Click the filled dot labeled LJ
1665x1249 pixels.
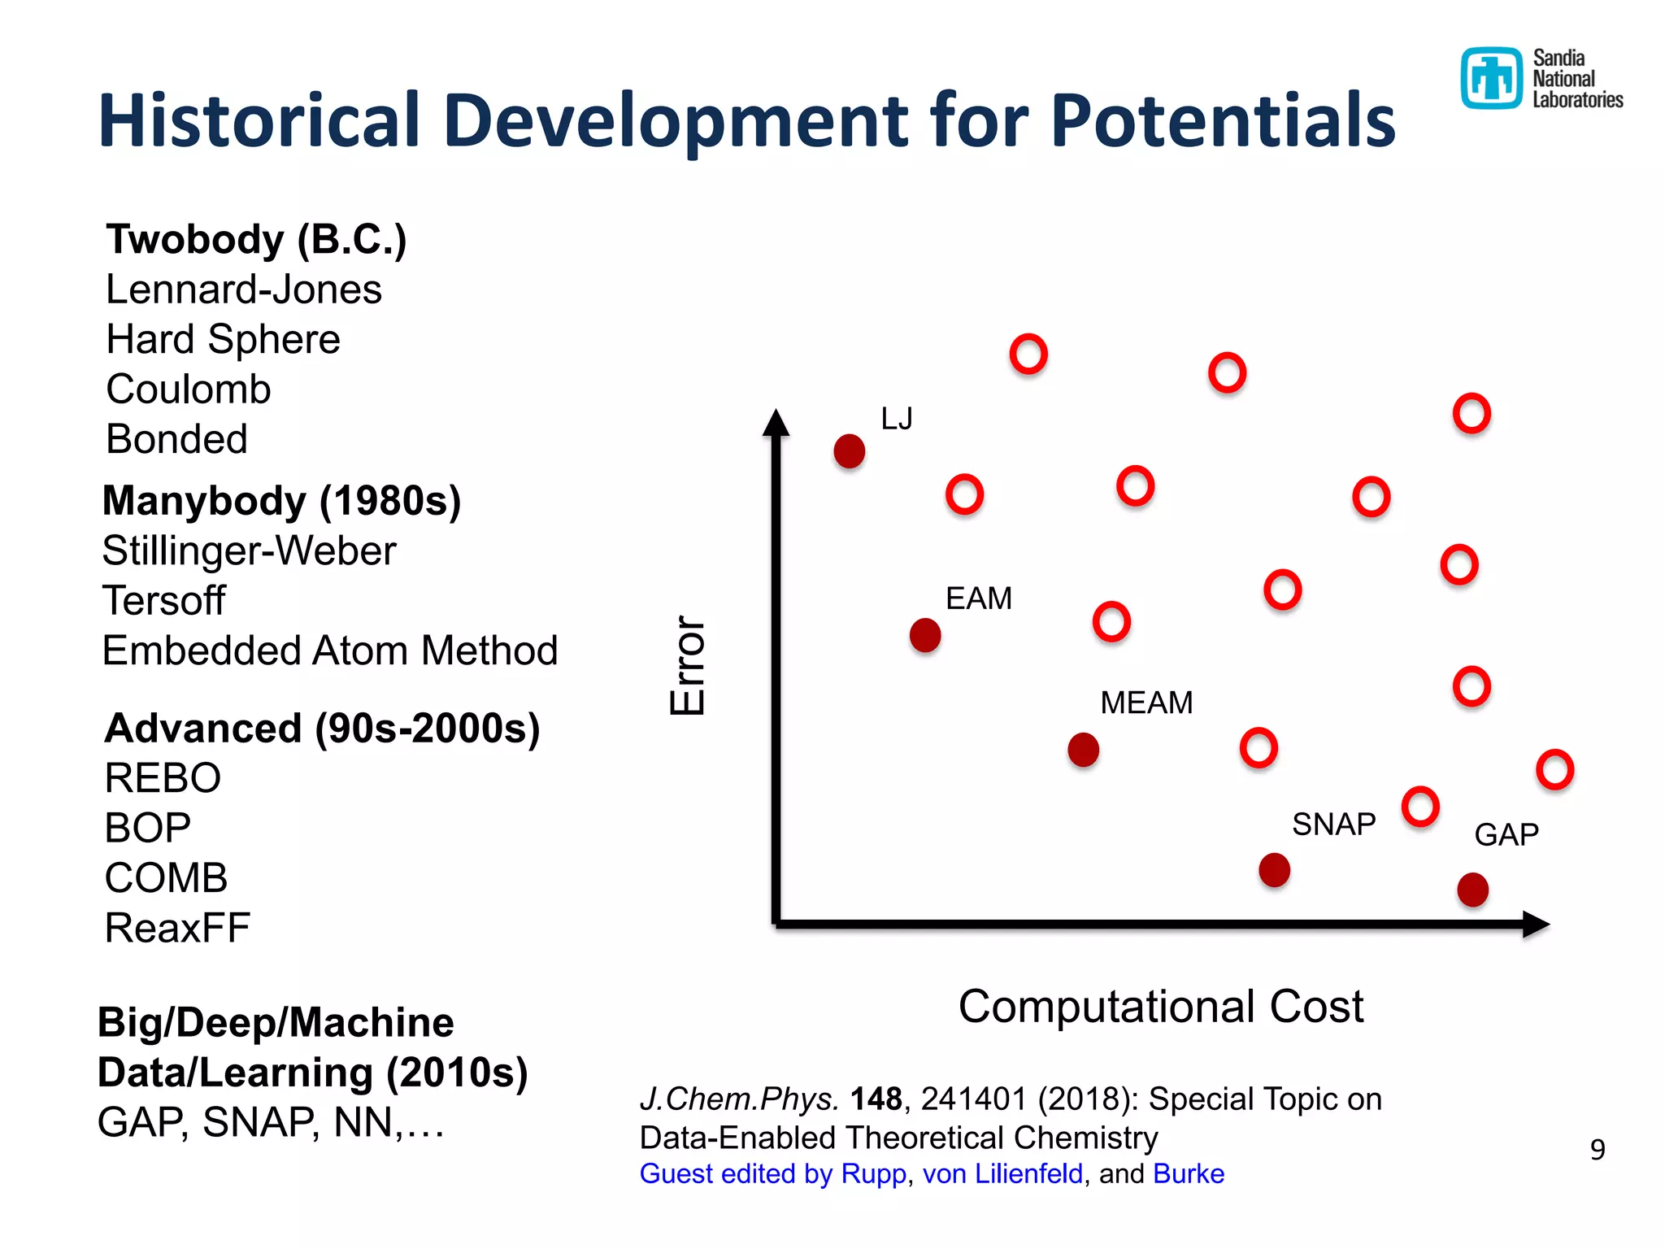849,451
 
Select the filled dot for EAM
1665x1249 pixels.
925,635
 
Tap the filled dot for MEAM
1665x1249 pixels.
1083,750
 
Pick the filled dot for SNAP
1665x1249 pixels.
1274,870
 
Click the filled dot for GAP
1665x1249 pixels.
1472,890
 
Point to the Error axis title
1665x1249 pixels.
688,665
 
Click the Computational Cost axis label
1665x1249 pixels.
1160,1007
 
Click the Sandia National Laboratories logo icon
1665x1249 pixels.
1491,78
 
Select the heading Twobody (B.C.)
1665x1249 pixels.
256,239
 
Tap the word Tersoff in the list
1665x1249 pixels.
163,601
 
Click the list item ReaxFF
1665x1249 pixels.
177,928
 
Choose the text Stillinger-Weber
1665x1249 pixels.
249,551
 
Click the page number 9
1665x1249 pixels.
1597,1149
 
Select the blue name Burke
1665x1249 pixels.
1188,1174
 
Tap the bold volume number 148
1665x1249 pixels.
876,1099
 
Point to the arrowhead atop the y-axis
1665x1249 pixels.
776,423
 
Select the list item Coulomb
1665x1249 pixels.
188,389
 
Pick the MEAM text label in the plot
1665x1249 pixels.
1146,703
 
